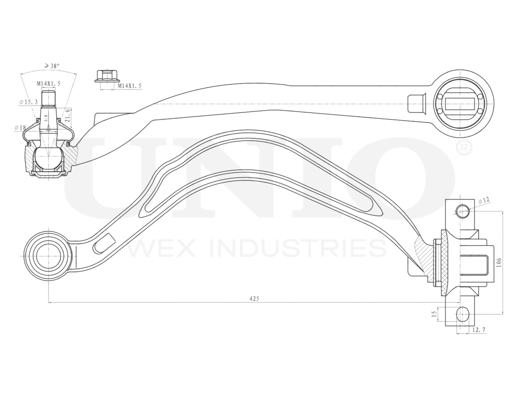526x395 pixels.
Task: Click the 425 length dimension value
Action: tap(254, 299)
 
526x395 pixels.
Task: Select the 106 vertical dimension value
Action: tap(499, 263)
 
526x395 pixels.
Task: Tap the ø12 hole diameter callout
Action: tap(484, 200)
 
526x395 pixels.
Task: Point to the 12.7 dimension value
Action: tap(479, 330)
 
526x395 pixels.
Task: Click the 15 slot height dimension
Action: tap(434, 314)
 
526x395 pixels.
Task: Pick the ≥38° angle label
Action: tap(52, 65)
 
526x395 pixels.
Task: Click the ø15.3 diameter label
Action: tap(28, 102)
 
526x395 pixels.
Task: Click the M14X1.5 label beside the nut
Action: tap(129, 86)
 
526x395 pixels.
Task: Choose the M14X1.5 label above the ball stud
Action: tap(48, 84)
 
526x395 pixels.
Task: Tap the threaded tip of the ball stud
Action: tap(49, 97)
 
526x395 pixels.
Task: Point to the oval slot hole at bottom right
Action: tap(463, 314)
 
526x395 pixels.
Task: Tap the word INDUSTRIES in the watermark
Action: tap(298, 248)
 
